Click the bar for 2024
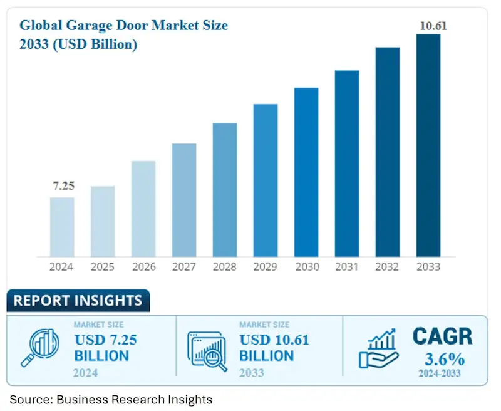[62, 227]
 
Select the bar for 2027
[184, 200]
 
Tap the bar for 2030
[306, 172]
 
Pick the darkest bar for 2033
[428, 145]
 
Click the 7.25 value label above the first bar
[62, 187]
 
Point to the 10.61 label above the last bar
[430, 26]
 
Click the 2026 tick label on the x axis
[143, 267]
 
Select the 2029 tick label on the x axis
[266, 267]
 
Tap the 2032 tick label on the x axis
[388, 267]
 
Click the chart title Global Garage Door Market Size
[123, 26]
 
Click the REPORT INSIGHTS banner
[78, 301]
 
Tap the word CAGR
[442, 337]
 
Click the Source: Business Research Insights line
[111, 399]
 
